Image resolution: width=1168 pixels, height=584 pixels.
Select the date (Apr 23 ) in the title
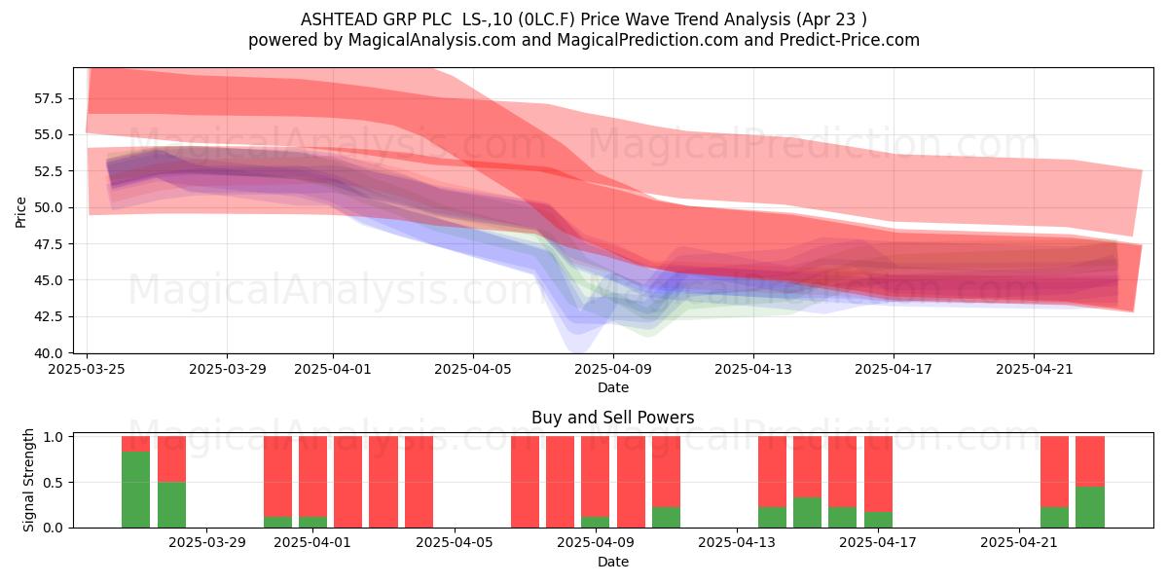(831, 19)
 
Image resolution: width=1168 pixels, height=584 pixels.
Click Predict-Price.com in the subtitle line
(850, 40)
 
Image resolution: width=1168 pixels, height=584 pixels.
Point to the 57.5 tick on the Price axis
(48, 98)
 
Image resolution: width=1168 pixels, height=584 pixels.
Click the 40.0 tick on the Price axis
(48, 353)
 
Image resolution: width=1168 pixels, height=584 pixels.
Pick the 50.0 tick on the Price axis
(48, 207)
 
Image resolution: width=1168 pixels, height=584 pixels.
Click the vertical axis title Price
(20, 212)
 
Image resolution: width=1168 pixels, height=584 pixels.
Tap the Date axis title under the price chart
(612, 387)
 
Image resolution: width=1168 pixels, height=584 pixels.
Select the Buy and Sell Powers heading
(612, 418)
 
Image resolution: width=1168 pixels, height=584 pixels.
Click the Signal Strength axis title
(28, 480)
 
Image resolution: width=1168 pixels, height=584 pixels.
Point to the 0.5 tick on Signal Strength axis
(53, 483)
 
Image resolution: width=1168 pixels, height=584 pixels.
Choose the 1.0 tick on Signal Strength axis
(53, 437)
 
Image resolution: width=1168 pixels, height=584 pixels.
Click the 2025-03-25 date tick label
(87, 369)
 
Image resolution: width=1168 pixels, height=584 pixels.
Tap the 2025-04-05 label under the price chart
(473, 369)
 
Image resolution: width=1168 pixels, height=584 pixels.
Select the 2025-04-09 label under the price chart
(613, 369)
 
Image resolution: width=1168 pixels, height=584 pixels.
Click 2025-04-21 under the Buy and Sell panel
(1019, 543)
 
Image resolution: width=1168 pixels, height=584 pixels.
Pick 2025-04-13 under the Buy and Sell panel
(737, 543)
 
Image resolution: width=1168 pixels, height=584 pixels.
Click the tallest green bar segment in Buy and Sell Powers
(135, 490)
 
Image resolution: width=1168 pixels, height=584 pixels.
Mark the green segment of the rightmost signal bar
(1090, 507)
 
